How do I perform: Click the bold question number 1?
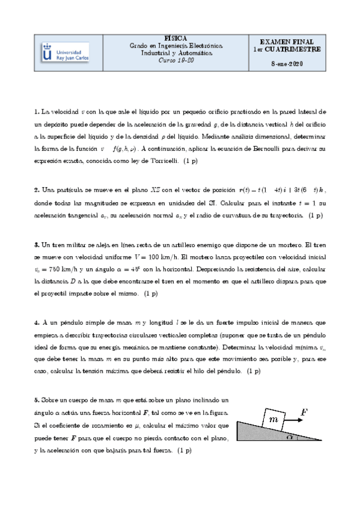pos(37,112)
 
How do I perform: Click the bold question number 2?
pos(37,190)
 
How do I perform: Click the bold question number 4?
pos(37,323)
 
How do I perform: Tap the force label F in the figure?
pos(305,413)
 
